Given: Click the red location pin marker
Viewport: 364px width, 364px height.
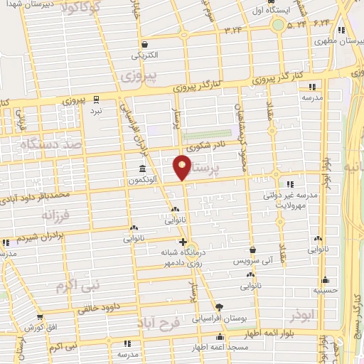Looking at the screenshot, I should coord(183,167).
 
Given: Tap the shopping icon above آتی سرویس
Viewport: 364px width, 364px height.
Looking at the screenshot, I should coord(253,250).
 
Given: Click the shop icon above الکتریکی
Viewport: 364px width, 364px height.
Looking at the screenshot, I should coord(144,43).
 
